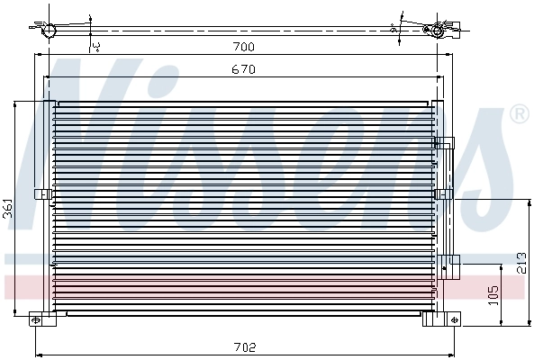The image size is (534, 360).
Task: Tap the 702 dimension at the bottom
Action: [245, 346]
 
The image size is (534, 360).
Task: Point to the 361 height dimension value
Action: [8, 208]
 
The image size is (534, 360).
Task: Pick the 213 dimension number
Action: [520, 263]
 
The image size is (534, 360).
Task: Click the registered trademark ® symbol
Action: [519, 114]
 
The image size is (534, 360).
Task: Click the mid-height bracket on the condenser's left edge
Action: [41, 193]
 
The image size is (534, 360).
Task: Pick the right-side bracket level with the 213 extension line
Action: [443, 194]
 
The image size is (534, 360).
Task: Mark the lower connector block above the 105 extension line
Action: [449, 261]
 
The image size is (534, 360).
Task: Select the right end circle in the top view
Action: [439, 31]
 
